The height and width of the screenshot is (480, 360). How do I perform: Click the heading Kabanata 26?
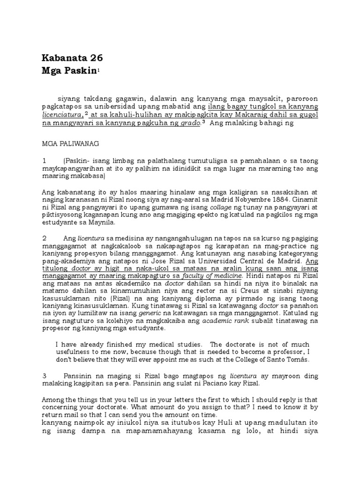click(x=72, y=58)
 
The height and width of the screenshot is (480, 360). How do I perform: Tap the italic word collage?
click(x=221, y=207)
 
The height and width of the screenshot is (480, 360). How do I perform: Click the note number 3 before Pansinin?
click(x=45, y=376)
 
